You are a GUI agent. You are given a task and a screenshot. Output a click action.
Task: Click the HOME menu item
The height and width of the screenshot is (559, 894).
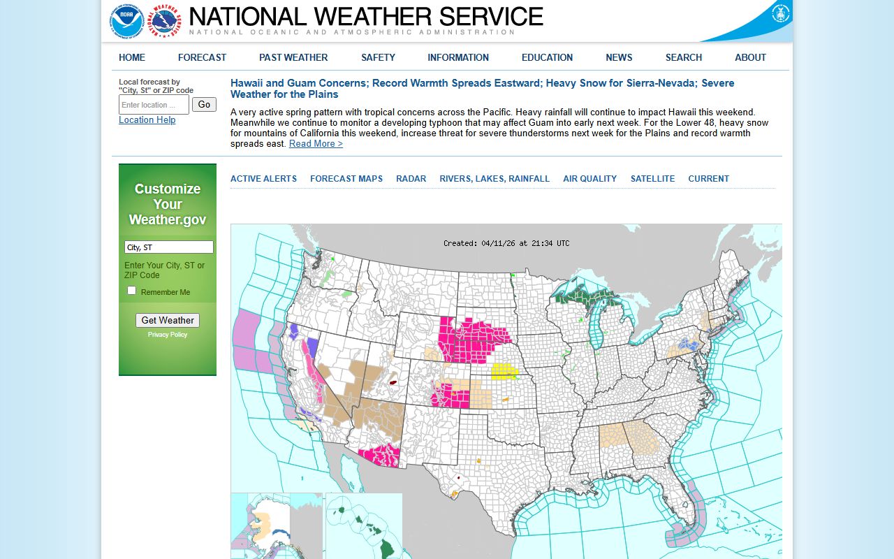pyautogui.click(x=132, y=57)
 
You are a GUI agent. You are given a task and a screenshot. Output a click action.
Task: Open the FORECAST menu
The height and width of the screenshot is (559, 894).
pyautogui.click(x=202, y=57)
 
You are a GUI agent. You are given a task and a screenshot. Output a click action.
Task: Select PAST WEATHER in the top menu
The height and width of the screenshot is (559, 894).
pyautogui.click(x=293, y=57)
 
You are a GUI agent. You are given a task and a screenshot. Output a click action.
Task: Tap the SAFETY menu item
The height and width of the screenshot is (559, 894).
pyautogui.click(x=378, y=57)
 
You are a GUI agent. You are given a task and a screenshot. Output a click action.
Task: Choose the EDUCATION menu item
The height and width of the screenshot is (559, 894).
pyautogui.click(x=547, y=57)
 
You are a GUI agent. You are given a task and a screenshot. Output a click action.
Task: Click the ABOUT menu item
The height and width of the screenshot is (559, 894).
pyautogui.click(x=750, y=57)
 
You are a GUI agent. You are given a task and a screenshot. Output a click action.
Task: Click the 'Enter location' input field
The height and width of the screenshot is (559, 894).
pyautogui.click(x=154, y=105)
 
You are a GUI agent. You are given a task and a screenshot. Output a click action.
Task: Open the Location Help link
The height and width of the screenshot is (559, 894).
pyautogui.click(x=147, y=120)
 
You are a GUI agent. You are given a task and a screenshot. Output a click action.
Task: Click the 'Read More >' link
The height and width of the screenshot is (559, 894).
pyautogui.click(x=316, y=144)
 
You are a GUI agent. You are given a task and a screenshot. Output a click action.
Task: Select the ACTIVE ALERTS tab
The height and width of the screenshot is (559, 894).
pyautogui.click(x=263, y=179)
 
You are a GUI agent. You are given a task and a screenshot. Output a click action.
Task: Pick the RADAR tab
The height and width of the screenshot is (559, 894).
pyautogui.click(x=411, y=179)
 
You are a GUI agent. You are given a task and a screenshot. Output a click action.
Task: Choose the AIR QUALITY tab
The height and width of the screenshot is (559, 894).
pyautogui.click(x=589, y=179)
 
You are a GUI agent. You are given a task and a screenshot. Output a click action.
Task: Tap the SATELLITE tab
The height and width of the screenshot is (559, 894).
pyautogui.click(x=652, y=179)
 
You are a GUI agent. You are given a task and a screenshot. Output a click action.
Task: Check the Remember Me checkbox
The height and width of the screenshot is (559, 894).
pyautogui.click(x=132, y=291)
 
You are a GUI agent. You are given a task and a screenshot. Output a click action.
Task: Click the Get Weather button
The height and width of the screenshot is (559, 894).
pyautogui.click(x=168, y=320)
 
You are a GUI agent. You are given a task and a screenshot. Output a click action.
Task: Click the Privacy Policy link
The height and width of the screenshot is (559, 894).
pyautogui.click(x=168, y=335)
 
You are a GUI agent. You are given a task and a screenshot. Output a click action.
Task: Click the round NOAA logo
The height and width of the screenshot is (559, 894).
pyautogui.click(x=126, y=21)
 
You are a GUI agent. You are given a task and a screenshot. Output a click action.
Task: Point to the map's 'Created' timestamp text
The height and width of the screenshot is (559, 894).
pyautogui.click(x=506, y=243)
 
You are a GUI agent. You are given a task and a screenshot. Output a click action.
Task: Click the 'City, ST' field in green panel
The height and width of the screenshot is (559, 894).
pyautogui.click(x=169, y=247)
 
